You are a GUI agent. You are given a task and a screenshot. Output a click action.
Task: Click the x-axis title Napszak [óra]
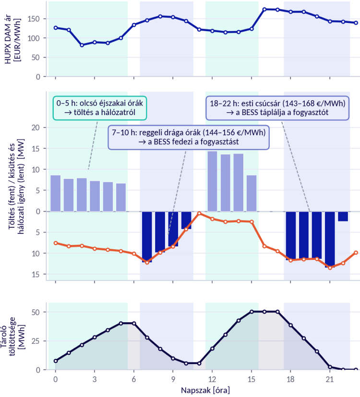click(205, 390)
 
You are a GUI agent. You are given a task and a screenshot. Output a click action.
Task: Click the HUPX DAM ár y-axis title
click(12, 40)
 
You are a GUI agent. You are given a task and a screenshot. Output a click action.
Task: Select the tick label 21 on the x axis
click(330, 379)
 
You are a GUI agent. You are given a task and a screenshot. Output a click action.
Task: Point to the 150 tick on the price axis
click(34, 19)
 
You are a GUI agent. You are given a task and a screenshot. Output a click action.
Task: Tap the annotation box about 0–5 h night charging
click(100, 108)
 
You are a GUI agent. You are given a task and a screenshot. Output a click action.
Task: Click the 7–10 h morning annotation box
click(189, 137)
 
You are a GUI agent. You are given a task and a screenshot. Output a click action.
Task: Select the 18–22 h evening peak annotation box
click(277, 108)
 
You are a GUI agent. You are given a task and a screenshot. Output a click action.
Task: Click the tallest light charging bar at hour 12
click(212, 181)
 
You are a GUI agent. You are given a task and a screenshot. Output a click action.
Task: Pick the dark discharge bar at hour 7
click(147, 237)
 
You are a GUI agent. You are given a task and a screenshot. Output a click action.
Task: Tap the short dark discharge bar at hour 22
click(343, 216)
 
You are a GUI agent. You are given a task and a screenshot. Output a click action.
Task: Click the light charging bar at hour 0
click(56, 193)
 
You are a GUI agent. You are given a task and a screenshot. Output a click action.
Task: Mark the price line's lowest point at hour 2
click(82, 45)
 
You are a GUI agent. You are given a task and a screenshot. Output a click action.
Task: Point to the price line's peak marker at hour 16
click(264, 10)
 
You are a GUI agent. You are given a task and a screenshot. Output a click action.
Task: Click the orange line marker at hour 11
click(199, 213)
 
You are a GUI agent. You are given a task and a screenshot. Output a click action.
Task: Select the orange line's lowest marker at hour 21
click(330, 268)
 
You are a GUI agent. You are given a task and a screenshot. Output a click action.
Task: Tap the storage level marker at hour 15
click(252, 312)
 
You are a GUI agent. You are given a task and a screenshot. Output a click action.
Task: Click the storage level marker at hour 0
click(56, 361)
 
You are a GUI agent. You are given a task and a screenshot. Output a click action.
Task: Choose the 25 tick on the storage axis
click(36, 341)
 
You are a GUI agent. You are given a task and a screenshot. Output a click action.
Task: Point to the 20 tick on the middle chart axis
click(36, 128)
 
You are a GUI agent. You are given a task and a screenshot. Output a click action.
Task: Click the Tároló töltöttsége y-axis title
click(12, 337)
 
